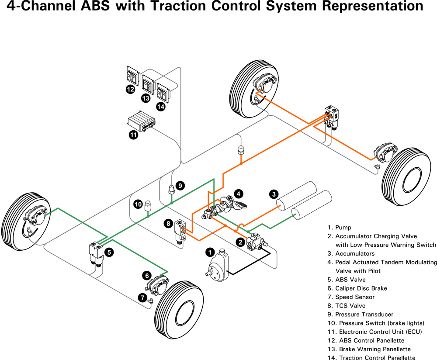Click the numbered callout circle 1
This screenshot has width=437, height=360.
click(210, 252)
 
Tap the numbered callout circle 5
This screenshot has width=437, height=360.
click(109, 252)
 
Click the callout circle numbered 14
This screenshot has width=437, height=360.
click(161, 106)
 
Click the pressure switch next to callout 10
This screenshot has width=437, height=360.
click(148, 206)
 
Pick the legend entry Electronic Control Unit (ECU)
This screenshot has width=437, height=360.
click(374, 332)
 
